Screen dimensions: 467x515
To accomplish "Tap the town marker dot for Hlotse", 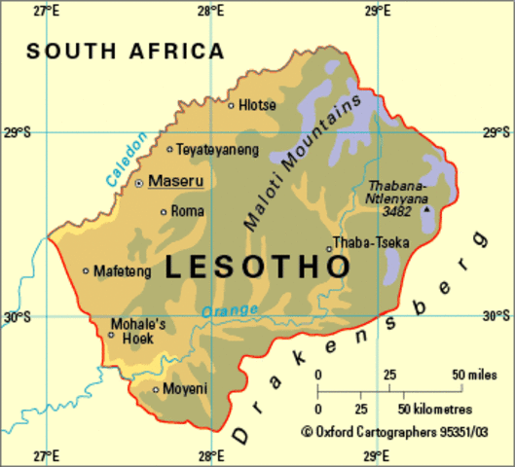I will point(232,105).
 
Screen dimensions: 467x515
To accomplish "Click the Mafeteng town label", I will point(123,271).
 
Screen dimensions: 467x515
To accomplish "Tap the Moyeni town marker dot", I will point(156,390).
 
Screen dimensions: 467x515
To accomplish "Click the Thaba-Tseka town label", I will point(371,242).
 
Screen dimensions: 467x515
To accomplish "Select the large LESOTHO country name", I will point(256,268).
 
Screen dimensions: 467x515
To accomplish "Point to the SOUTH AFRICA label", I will point(125,51).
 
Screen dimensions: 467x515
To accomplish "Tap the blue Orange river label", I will point(231,310).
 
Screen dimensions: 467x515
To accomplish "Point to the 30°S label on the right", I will point(497,314).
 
